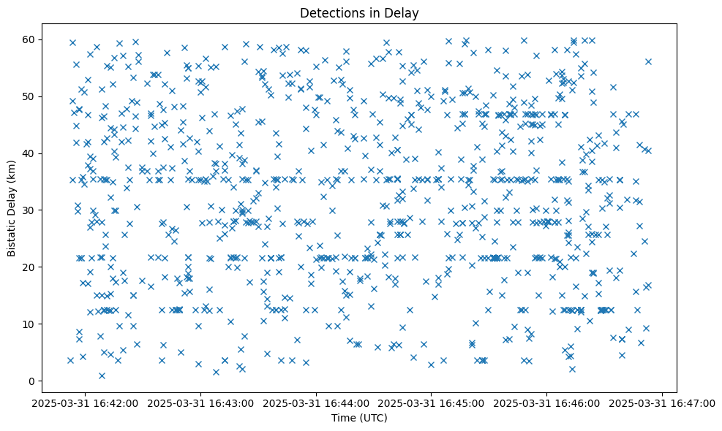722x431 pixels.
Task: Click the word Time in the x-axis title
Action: [344, 419]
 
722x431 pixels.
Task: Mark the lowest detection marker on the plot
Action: [102, 376]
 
